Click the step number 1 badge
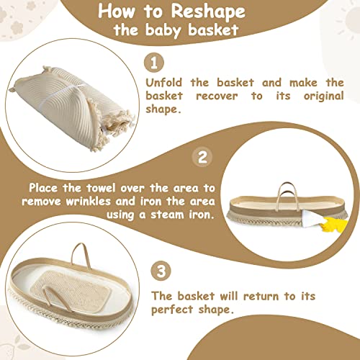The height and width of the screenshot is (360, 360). click(x=154, y=63)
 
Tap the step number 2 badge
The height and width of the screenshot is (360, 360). click(x=202, y=157)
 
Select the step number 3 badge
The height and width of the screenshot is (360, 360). click(x=161, y=271)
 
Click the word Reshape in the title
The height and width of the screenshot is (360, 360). click(x=208, y=12)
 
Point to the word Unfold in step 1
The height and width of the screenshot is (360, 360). click(x=164, y=83)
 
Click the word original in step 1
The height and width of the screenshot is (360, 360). click(x=324, y=96)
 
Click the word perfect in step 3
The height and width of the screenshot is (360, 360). click(x=172, y=310)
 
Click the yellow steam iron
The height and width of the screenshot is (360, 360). click(x=333, y=225)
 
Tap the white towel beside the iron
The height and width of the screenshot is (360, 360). click(x=312, y=217)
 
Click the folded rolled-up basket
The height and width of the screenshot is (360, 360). click(x=72, y=108)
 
